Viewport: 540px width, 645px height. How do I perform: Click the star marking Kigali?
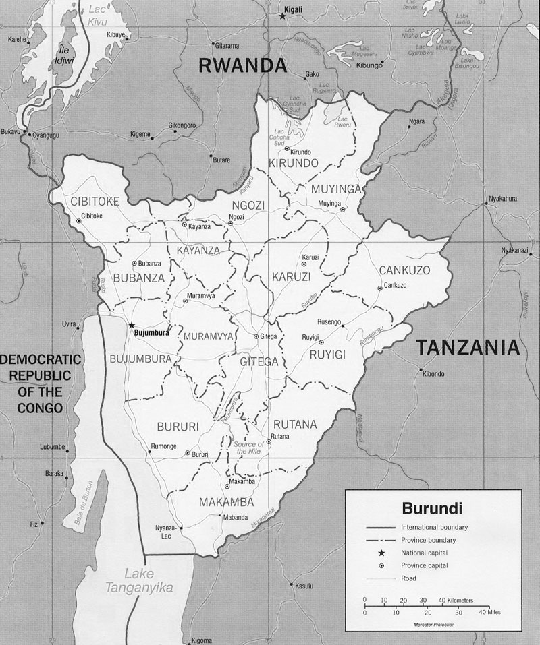tap(282, 16)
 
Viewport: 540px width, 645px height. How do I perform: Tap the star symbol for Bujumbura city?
tap(131, 324)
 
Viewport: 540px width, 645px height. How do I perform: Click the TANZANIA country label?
tap(467, 347)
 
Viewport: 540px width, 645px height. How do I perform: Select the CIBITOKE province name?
tap(94, 201)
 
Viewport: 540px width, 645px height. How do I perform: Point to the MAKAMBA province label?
tap(226, 502)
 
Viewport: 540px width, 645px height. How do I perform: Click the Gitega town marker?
tap(256, 336)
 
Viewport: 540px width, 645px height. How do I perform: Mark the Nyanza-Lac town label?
tap(165, 530)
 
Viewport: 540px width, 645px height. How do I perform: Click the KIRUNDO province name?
tap(293, 164)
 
